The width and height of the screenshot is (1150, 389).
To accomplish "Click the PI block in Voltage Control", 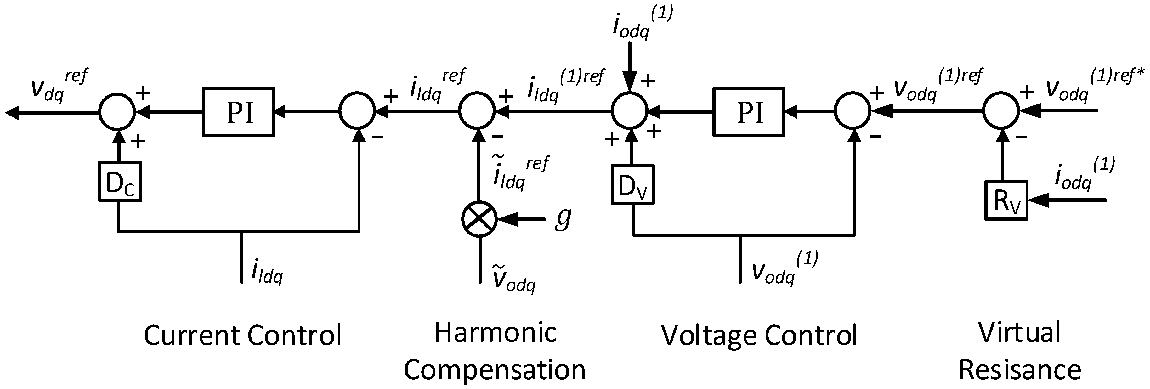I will [749, 112].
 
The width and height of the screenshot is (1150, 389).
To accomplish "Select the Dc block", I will [120, 182].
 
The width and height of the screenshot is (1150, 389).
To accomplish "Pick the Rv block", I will [1006, 200].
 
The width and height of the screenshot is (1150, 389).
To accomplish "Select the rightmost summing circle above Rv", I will [1001, 110].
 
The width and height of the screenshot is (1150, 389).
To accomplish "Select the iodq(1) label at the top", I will [641, 25].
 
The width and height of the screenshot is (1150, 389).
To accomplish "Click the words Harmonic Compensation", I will [495, 351].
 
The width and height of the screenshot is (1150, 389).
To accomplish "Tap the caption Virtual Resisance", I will [1020, 351].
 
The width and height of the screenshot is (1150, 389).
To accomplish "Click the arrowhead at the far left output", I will [13, 113].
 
